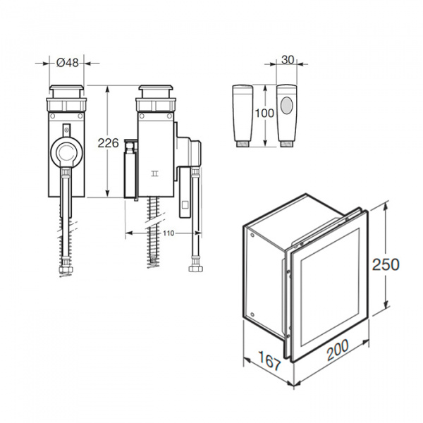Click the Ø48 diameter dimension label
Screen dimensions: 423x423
pos(68,63)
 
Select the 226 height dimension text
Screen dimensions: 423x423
pos(108,142)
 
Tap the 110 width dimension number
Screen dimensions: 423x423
pos(168,233)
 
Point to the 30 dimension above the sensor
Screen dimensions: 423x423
pos(288,60)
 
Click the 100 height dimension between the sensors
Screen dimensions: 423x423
pos(264,113)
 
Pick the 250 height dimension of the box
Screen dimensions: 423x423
pos(386,264)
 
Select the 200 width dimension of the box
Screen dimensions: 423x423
pos(338,350)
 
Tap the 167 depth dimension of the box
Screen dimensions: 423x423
pos(270,361)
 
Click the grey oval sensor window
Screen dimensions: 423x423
pos(286,105)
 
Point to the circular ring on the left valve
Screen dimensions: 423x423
pos(66,151)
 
